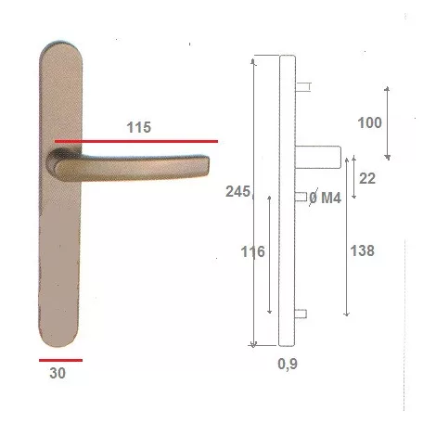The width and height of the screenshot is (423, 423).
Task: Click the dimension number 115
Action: click(139, 127)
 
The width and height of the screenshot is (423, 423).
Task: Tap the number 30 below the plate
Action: click(58, 373)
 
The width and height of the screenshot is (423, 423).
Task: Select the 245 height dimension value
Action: click(237, 191)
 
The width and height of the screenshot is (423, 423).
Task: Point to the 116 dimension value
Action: click(252, 251)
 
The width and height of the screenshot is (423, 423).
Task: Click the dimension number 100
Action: click(369, 122)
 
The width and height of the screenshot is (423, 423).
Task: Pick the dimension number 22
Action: click(367, 178)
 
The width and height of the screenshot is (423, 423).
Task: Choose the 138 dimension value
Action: click(362, 250)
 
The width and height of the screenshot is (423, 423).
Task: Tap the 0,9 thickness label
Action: click(288, 364)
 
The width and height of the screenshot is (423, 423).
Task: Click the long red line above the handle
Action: click(136, 141)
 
